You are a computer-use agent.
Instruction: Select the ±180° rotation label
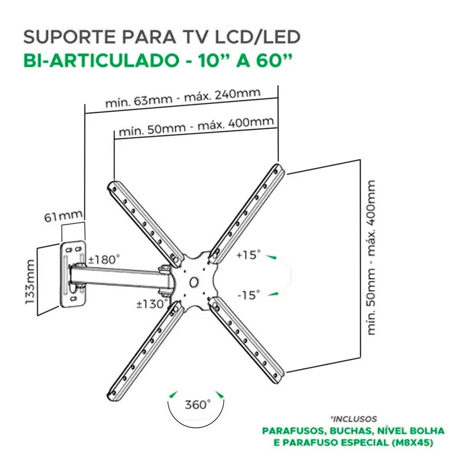(104, 259)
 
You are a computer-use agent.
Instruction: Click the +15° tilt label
(248, 256)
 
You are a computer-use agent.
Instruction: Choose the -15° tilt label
(248, 295)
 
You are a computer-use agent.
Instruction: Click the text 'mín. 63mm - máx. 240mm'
(182, 98)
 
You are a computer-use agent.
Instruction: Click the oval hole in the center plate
(194, 282)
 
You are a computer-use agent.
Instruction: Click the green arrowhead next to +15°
(271, 257)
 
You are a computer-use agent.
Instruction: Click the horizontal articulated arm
(122, 277)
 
